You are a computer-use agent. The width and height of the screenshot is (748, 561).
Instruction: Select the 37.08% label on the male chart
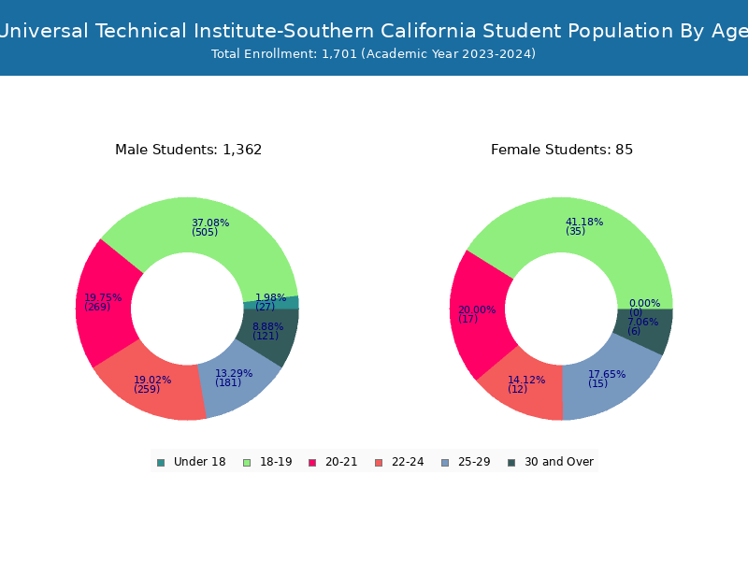tap(210, 223)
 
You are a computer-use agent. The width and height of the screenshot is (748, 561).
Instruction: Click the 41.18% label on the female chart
tap(584, 222)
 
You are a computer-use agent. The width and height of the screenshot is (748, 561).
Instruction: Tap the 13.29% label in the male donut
tap(234, 373)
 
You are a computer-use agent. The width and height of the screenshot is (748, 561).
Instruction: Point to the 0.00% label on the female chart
tap(644, 303)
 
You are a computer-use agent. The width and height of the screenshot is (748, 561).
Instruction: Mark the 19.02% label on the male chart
tap(152, 380)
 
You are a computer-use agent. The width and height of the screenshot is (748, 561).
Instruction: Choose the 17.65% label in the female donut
tap(607, 374)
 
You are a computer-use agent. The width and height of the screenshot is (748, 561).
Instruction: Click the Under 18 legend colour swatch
tap(161, 463)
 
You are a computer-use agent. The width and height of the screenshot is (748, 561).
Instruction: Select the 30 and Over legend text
tap(559, 462)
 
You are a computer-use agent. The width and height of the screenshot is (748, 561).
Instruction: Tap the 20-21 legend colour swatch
tap(312, 463)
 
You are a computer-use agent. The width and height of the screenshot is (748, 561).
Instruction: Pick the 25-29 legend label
tap(474, 462)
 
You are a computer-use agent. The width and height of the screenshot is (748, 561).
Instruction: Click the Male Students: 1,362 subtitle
tap(189, 150)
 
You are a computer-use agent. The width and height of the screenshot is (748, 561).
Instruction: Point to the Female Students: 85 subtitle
tap(562, 150)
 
